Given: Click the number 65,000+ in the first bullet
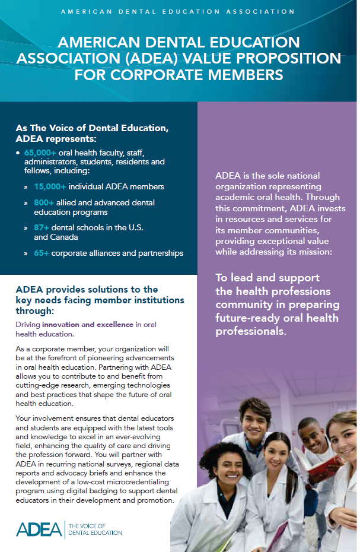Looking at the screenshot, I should pos(40,153).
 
